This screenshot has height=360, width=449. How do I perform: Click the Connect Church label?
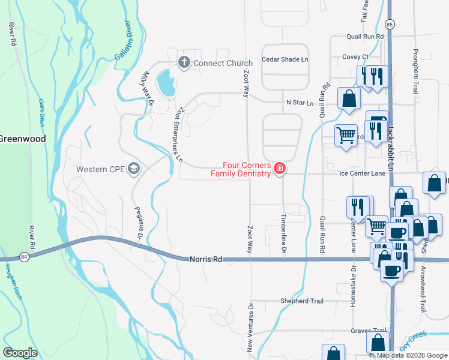[222, 63]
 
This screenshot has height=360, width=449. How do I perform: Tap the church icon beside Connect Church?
[184, 62]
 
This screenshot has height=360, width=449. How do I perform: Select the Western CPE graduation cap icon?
[134, 169]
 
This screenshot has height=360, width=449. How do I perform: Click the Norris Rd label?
[206, 259]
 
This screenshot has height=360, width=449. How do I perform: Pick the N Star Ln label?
[300, 103]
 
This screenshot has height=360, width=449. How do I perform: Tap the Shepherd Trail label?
[302, 301]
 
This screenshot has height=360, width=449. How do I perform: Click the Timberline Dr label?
[284, 233]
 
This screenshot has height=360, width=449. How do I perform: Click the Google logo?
[20, 353]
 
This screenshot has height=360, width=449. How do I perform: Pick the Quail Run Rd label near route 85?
[364, 37]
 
